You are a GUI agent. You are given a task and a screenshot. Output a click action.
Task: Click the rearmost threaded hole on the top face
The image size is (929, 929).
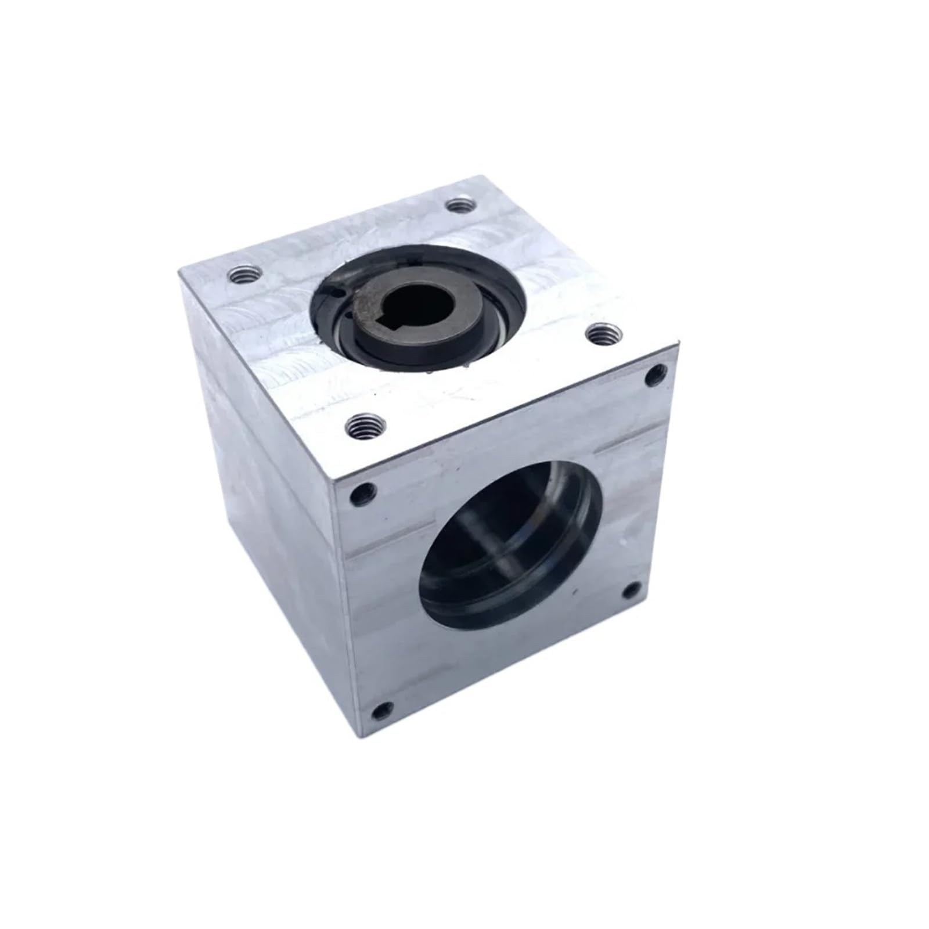pyautogui.click(x=460, y=206)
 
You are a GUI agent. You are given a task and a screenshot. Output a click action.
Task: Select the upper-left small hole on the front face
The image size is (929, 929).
pyautogui.click(x=365, y=492)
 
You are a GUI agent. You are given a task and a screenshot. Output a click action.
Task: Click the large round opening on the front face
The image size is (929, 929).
pyautogui.click(x=511, y=552)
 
